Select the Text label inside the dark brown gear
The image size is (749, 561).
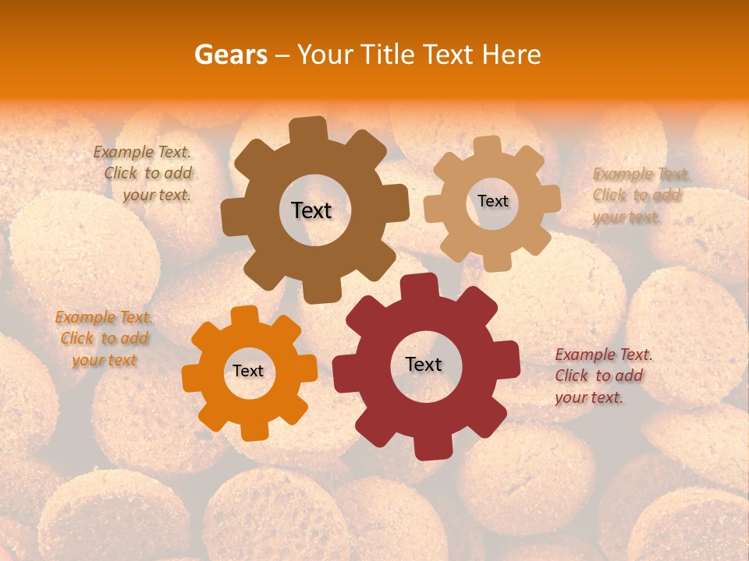pos(311,210)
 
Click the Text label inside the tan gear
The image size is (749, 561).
pos(492,201)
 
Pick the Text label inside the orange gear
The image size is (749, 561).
pos(248,371)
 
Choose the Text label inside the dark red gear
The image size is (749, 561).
pos(424,364)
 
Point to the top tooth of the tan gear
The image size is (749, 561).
pos(488,146)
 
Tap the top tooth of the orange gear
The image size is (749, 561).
pos(245,316)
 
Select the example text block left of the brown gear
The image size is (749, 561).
pos(143,174)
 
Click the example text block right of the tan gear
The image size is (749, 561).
pos(641,196)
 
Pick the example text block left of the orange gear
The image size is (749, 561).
pos(105,339)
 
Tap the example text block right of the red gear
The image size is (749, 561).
pos(603,376)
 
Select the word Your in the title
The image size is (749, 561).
pos(325,55)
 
